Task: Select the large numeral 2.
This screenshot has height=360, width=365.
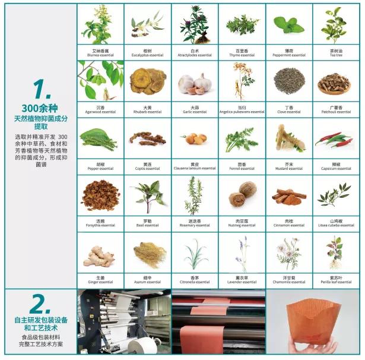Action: click(x=39, y=304)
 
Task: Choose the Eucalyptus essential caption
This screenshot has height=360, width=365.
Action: click(x=147, y=55)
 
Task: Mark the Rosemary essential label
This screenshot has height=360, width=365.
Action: click(x=195, y=225)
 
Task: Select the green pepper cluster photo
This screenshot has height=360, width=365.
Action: click(x=100, y=140)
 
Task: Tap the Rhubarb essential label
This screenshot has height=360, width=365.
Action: click(x=147, y=112)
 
